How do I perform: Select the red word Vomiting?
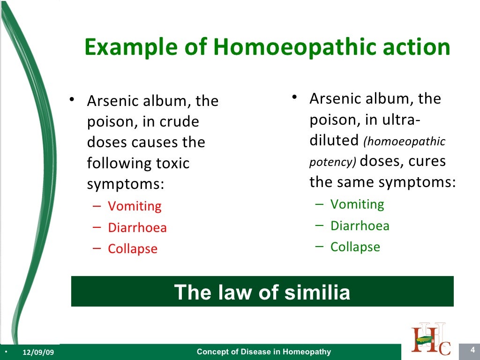[x=135, y=206]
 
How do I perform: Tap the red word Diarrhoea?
[x=137, y=228]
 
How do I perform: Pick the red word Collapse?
[x=133, y=249]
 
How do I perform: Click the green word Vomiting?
[x=357, y=204]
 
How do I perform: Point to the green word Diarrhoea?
[x=360, y=226]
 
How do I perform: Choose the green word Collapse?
[x=355, y=247]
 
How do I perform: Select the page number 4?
[x=472, y=350]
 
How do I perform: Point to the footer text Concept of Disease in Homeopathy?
[x=263, y=352]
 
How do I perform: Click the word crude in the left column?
[x=180, y=122]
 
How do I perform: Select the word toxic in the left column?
[x=173, y=164]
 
